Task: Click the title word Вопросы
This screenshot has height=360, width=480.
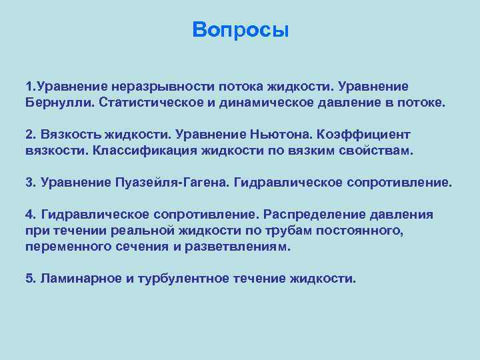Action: click(240, 30)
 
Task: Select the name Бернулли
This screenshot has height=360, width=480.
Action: click(57, 103)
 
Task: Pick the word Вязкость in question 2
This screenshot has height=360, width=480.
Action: click(70, 135)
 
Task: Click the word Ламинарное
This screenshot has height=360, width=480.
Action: click(79, 278)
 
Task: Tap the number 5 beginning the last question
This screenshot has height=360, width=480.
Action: click(29, 278)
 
